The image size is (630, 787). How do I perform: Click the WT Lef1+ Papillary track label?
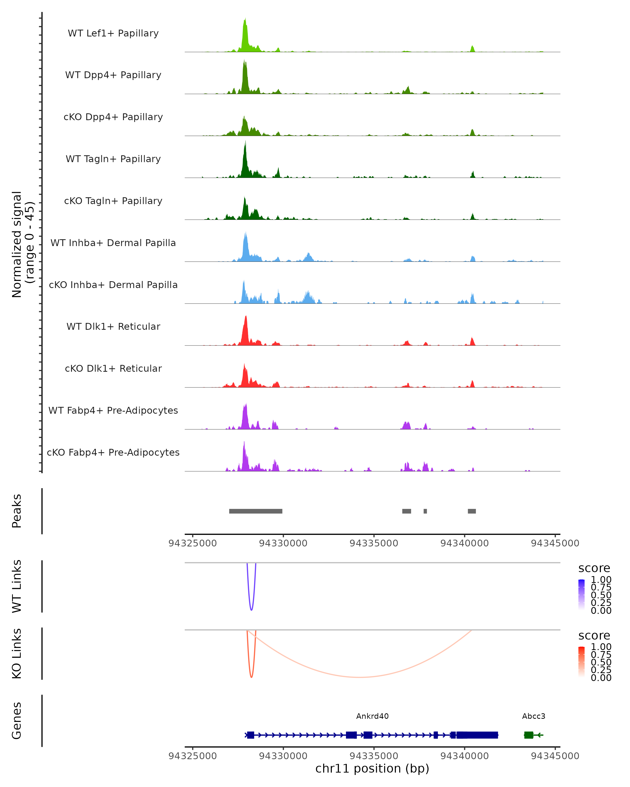(x=113, y=33)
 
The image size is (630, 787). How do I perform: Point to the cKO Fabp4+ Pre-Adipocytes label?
(x=113, y=452)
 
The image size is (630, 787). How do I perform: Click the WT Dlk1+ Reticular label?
(x=113, y=326)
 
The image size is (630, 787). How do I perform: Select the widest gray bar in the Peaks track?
(x=256, y=511)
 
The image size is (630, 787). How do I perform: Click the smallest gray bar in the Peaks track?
(x=425, y=511)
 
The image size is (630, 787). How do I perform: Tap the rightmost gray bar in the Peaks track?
(x=472, y=511)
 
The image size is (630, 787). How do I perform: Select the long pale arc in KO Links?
(x=360, y=677)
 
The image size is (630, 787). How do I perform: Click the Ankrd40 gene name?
(x=372, y=716)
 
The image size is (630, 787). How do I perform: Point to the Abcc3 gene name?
(x=534, y=716)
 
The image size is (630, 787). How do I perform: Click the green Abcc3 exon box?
(x=528, y=735)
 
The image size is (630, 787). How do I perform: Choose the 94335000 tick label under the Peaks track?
(x=374, y=543)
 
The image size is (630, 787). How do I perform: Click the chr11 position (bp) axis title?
(x=372, y=768)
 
